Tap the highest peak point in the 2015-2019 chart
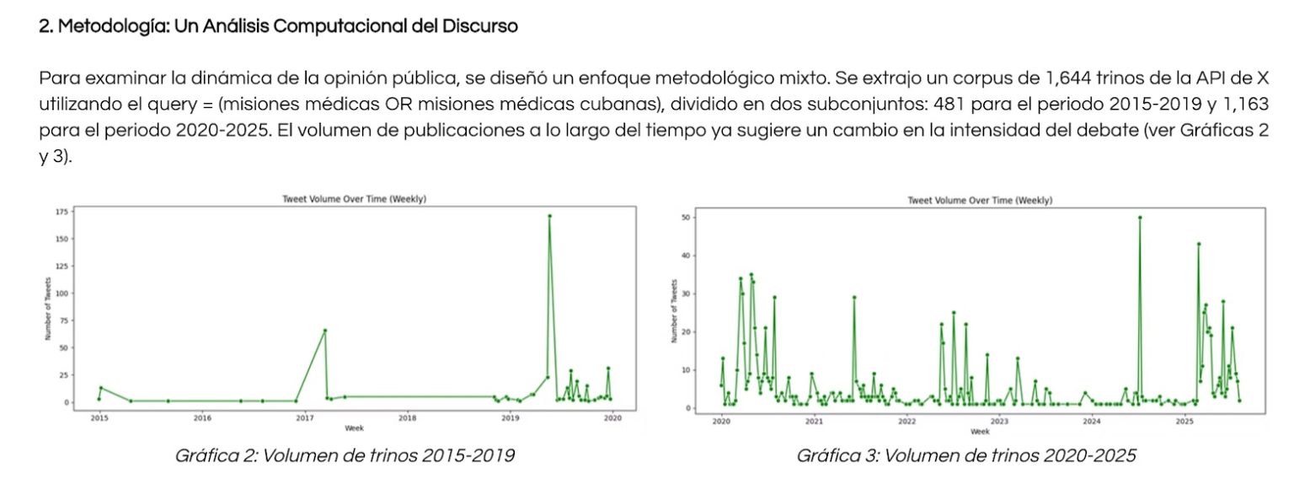pyautogui.click(x=549, y=216)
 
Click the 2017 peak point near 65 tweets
pyautogui.click(x=325, y=331)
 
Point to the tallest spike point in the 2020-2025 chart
pyautogui.click(x=1140, y=218)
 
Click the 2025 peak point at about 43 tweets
pyautogui.click(x=1198, y=245)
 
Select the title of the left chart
pyautogui.click(x=354, y=199)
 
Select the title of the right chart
pyautogui.click(x=980, y=200)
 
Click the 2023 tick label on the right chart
pyautogui.click(x=999, y=421)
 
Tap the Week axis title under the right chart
pyautogui.click(x=980, y=431)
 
